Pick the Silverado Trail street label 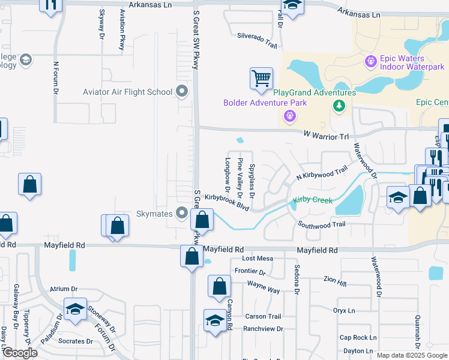pos(257,40)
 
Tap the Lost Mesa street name pos(258,258)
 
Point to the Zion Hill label pos(334,280)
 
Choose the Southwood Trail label pos(322,224)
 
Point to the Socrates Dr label pos(76,341)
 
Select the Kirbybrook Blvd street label pos(226,201)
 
